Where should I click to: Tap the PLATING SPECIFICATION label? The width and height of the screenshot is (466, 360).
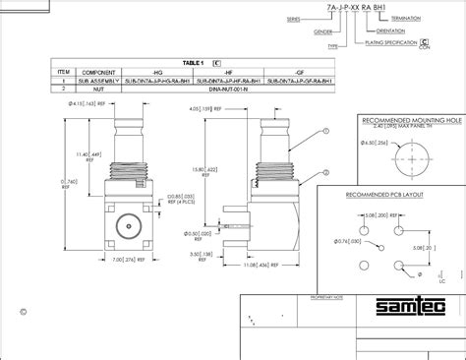[383, 42]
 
